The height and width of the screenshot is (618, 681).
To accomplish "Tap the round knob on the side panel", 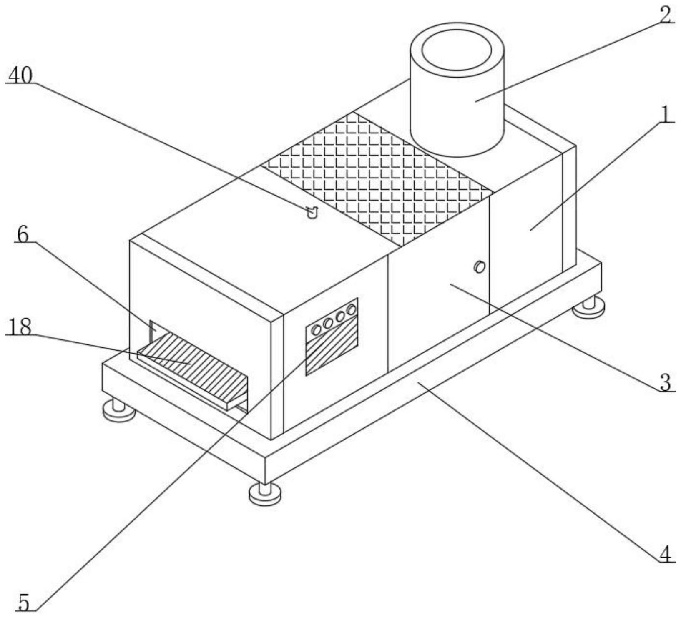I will [x=480, y=266].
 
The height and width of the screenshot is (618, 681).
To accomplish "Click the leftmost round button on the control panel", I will [x=317, y=330].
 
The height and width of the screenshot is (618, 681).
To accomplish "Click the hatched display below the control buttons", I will [x=332, y=352].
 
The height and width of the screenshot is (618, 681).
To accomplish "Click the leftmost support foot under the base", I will [x=119, y=409].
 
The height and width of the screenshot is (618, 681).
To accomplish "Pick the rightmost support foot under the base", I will [x=588, y=307].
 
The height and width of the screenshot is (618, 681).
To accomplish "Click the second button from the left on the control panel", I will [x=328, y=323].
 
